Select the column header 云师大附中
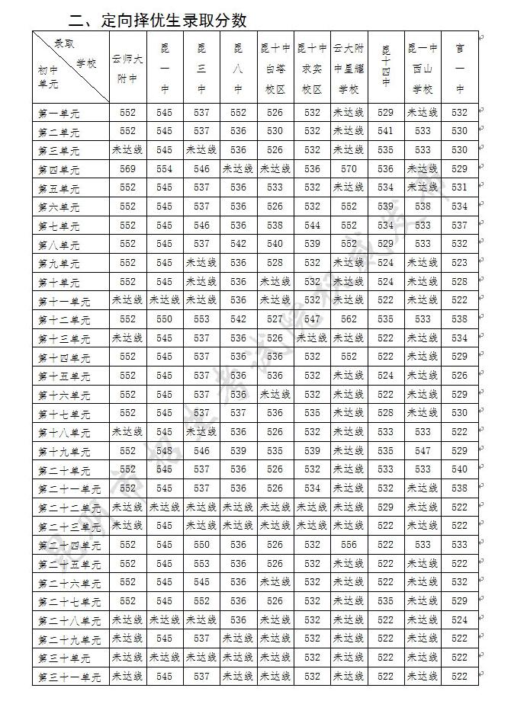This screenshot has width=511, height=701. point(127,68)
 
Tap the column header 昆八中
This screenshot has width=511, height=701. point(239,68)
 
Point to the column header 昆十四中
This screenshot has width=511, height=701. point(386,68)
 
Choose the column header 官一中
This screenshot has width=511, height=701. point(459,68)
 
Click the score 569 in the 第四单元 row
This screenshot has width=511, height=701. point(127,169)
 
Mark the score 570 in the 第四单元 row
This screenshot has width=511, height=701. point(349,169)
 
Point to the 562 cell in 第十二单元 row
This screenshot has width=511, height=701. point(349,319)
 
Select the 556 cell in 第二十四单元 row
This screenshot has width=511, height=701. point(349,545)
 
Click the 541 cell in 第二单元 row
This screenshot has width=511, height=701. point(386,131)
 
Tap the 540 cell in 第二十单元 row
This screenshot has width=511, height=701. point(459,469)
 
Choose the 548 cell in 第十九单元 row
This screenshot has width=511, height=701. point(165,451)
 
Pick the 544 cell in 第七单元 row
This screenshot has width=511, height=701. point(312,226)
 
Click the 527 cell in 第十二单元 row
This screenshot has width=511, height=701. point(275,319)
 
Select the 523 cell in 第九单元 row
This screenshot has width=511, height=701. point(459,263)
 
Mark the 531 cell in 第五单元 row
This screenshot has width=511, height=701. point(459,187)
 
